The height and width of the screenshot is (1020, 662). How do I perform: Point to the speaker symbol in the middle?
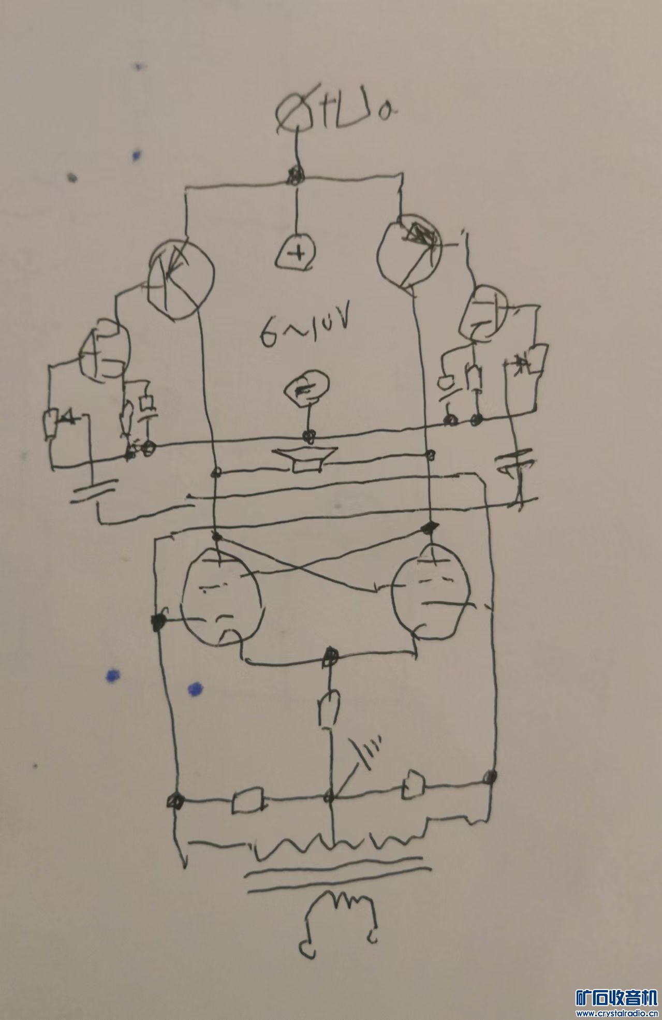pos(307,459)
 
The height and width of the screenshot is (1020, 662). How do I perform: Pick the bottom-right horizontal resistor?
pos(415,782)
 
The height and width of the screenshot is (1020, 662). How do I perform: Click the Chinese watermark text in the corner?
pos(616,997)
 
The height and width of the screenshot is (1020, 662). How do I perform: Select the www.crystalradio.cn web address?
pos(616,1013)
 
